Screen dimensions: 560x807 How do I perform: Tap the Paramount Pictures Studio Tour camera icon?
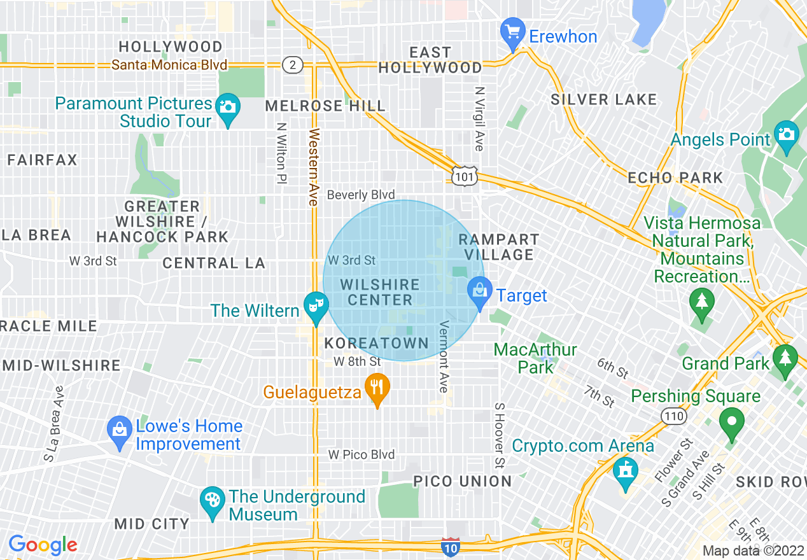227,107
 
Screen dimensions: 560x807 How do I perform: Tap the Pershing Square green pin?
732,423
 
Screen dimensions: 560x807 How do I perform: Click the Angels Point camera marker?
787,135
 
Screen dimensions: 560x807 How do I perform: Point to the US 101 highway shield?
465,176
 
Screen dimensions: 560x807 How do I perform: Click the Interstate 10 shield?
451,547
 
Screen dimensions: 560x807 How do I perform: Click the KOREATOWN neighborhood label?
377,344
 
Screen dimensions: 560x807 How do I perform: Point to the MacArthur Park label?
535,358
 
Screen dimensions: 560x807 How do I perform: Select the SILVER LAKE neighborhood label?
603,99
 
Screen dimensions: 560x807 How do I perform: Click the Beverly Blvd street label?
361,195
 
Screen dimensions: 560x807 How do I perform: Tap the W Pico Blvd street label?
361,455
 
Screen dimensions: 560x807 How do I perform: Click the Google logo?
43,545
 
